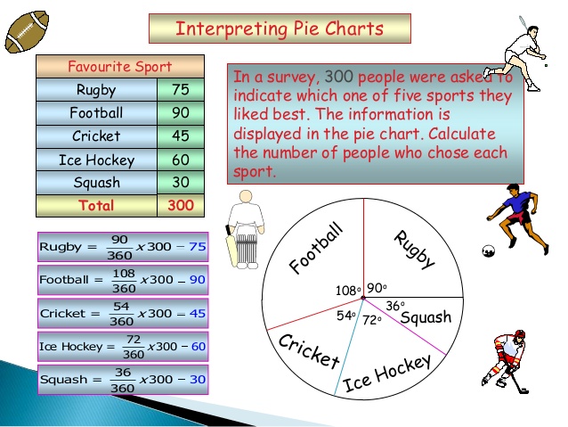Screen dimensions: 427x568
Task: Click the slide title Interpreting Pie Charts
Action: click(x=280, y=29)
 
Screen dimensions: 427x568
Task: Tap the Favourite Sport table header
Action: click(x=119, y=67)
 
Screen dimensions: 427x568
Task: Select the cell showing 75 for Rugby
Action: click(x=181, y=90)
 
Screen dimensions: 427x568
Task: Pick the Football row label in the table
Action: click(x=96, y=113)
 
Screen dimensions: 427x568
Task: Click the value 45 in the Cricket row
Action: click(x=181, y=136)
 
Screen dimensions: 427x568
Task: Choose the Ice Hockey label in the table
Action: click(x=96, y=160)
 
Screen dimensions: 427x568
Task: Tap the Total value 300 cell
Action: click(x=181, y=205)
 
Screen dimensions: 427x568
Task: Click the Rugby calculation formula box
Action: click(x=123, y=247)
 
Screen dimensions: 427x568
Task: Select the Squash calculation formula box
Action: click(x=123, y=380)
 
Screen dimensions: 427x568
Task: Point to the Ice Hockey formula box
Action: click(x=123, y=346)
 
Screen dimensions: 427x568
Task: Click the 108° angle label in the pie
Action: click(x=347, y=291)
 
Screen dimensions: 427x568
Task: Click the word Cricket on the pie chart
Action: click(x=309, y=350)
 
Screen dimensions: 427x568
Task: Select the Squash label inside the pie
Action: click(x=426, y=318)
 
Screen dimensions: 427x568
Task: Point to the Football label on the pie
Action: click(x=316, y=247)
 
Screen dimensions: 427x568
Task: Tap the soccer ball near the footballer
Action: click(x=487, y=251)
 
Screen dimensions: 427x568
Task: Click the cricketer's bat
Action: click(x=232, y=247)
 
